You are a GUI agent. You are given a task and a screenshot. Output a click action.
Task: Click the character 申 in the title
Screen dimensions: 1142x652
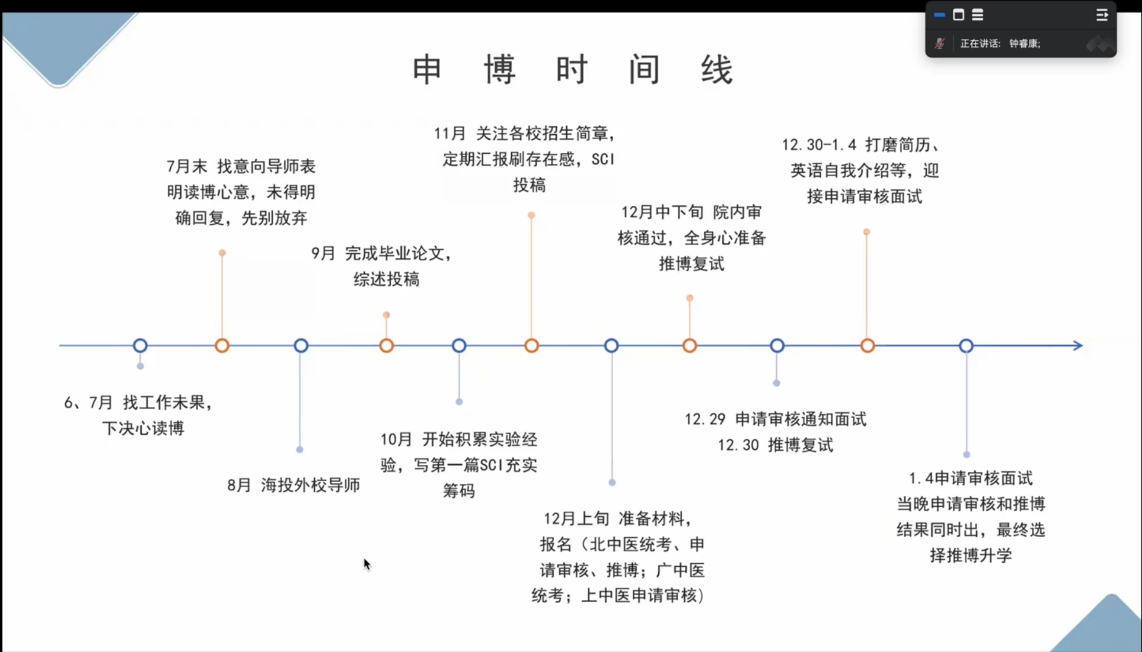point(427,69)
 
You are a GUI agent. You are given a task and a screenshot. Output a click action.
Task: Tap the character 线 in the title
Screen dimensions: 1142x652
point(717,69)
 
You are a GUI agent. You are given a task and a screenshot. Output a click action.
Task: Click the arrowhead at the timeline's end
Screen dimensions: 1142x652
point(1078,345)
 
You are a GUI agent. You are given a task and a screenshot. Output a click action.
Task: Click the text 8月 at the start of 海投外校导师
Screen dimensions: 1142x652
point(239,485)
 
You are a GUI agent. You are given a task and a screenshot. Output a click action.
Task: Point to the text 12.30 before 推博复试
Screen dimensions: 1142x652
point(738,445)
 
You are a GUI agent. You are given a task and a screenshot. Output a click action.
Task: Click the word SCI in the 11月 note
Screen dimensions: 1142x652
point(603,159)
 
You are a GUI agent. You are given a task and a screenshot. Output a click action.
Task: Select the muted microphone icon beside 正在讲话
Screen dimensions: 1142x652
point(940,43)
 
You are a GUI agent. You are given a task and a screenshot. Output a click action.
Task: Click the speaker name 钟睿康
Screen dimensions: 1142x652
point(1023,43)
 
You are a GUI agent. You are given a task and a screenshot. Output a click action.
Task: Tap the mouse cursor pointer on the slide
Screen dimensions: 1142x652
point(367,564)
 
